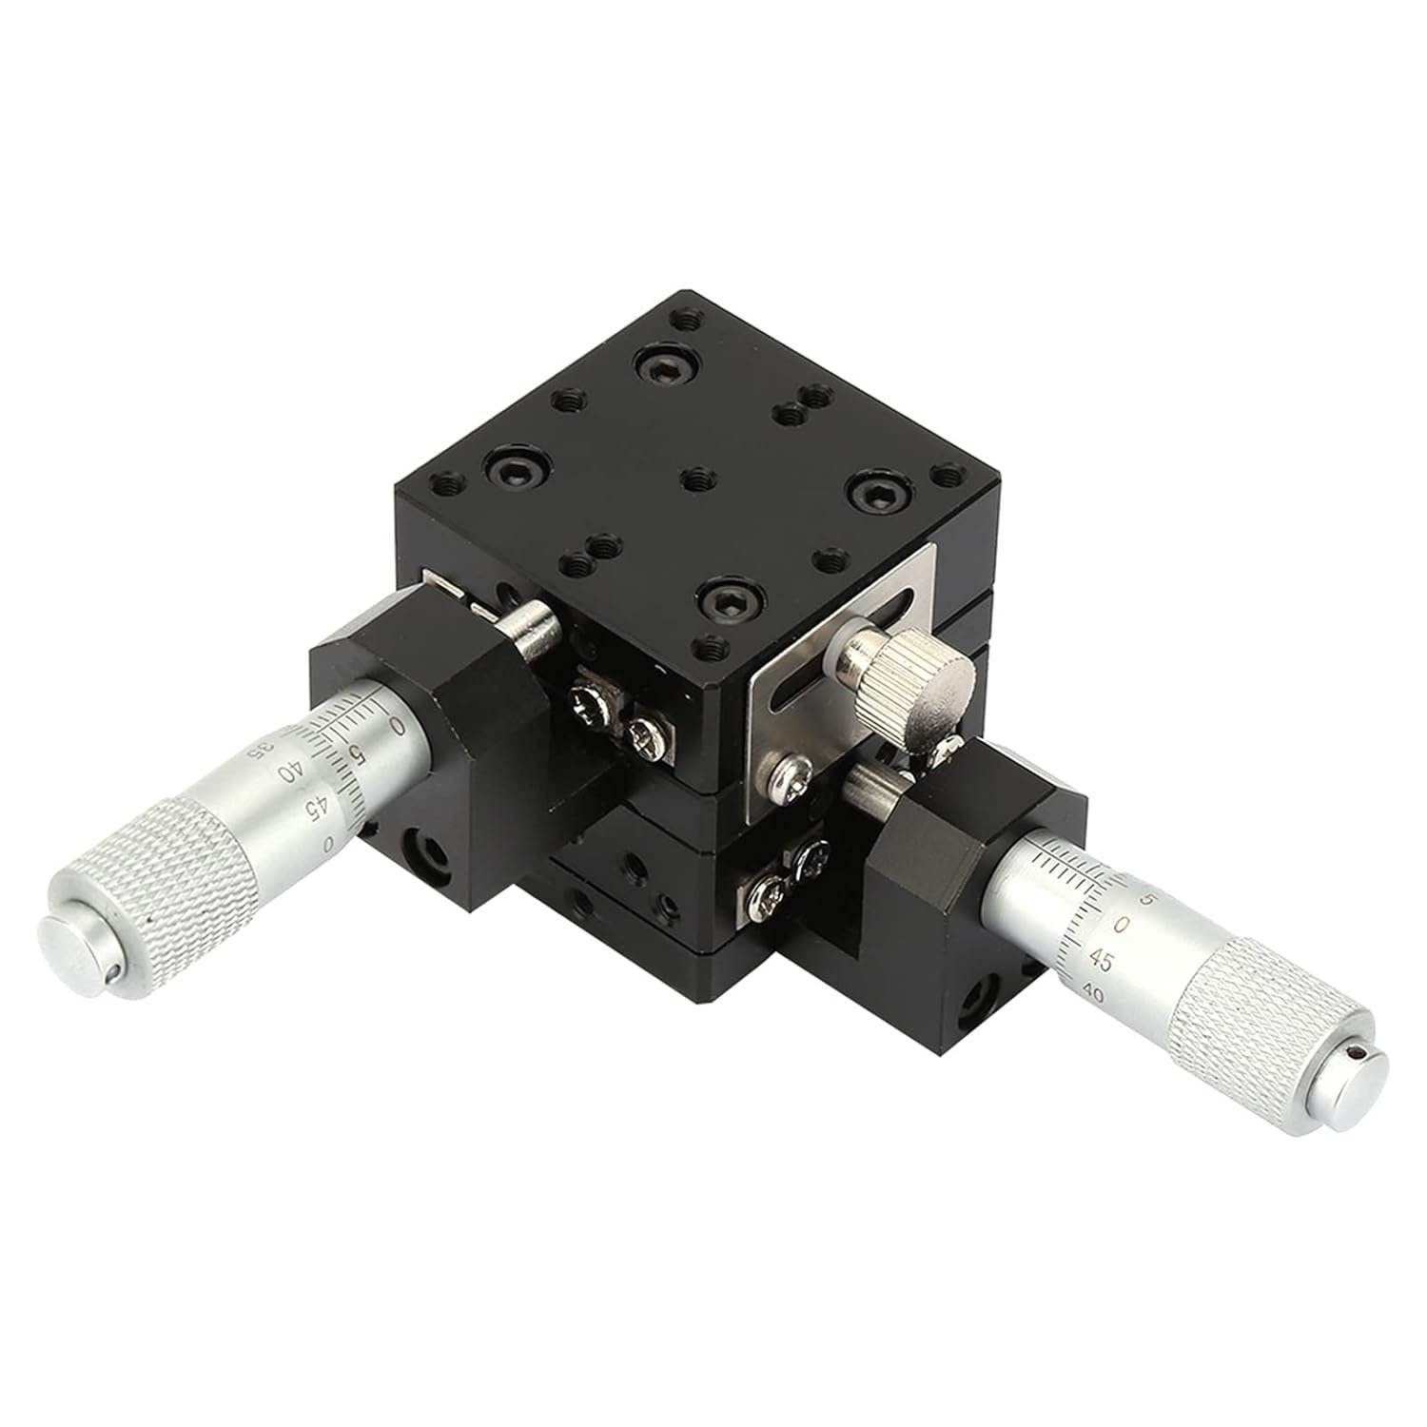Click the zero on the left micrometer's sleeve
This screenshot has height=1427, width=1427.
397,728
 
